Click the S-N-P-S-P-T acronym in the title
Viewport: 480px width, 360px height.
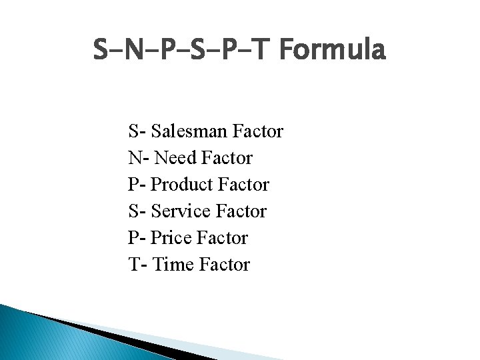tap(184, 50)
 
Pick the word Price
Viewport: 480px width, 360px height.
tap(172, 238)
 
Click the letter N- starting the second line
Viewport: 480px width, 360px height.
tap(138, 158)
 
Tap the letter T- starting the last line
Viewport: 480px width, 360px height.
tap(137, 265)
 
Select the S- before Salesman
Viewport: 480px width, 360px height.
tap(136, 131)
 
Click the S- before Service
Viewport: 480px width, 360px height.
tap(136, 211)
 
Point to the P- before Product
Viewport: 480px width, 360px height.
tap(136, 185)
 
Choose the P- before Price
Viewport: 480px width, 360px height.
tap(136, 238)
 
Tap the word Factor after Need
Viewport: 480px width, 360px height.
tap(227, 158)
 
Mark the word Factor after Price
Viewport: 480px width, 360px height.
tap(223, 238)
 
